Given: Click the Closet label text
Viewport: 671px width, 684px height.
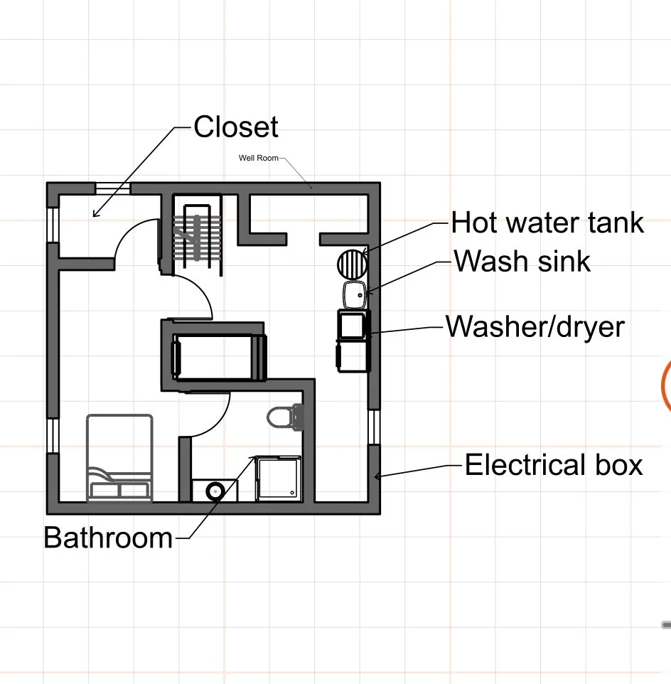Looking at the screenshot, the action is (236, 127).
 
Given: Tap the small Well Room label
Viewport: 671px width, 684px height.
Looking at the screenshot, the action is (258, 158).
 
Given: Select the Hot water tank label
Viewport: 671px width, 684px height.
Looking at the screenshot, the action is (547, 223).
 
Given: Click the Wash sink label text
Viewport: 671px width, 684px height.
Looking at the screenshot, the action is (522, 261).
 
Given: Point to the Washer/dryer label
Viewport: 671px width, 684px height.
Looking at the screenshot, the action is (535, 327).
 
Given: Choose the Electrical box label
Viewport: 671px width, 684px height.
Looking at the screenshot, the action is (554, 465).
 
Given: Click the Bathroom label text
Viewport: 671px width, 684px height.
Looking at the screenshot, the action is (108, 537).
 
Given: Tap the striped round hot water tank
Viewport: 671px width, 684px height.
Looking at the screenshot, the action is (353, 264).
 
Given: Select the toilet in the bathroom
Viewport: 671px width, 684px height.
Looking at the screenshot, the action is (285, 417).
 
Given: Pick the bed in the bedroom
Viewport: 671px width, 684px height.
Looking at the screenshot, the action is (119, 458).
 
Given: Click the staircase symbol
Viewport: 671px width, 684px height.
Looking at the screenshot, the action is (198, 237).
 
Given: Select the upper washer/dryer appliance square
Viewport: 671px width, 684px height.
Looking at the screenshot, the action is (351, 325).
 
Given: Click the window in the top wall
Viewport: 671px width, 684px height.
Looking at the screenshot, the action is (113, 188).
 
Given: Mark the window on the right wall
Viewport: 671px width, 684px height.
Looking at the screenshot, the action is (373, 427).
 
